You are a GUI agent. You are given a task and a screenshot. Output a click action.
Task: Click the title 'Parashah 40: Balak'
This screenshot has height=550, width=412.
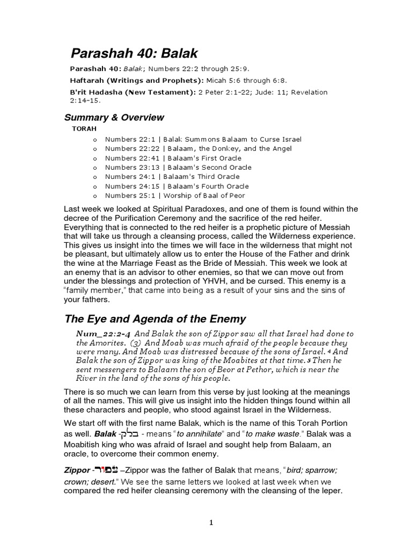click(135, 53)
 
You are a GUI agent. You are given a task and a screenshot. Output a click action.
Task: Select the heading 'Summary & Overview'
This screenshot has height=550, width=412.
click(114, 117)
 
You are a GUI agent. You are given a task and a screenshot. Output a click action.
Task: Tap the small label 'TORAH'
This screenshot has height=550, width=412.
click(82, 129)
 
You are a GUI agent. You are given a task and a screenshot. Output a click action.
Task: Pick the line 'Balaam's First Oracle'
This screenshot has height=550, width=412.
click(202, 158)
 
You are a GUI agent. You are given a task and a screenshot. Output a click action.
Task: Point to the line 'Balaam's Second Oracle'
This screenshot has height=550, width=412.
click(207, 168)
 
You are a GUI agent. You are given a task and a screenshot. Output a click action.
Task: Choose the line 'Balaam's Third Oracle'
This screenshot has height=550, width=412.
click(202, 177)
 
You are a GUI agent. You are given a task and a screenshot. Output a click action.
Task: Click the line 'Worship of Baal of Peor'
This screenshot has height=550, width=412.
click(204, 195)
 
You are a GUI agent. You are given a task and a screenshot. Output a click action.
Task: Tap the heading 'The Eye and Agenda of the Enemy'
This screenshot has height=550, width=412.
click(155, 319)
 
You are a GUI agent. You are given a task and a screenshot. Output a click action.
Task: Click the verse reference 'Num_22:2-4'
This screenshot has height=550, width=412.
click(101, 334)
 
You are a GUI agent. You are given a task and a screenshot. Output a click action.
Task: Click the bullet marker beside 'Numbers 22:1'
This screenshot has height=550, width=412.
click(95, 140)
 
